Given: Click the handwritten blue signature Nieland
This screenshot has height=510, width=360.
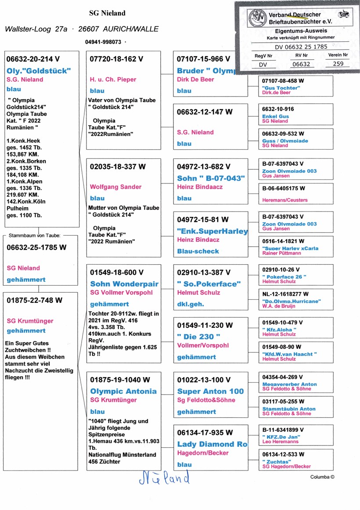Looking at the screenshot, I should (x=164, y=477).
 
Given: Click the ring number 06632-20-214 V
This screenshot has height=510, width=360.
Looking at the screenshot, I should (x=33, y=59).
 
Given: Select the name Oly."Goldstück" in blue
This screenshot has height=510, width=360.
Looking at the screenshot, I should (x=39, y=70).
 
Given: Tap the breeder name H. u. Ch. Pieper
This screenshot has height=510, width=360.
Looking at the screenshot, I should (x=113, y=79).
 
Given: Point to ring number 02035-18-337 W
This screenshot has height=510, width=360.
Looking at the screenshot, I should (x=117, y=167).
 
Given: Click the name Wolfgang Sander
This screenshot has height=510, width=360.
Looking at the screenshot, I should (x=115, y=187).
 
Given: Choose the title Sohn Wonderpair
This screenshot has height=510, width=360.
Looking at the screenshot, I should (x=124, y=284).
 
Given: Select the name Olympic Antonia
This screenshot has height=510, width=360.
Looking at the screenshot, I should (x=123, y=391).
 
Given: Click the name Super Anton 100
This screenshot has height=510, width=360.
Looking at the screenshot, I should (x=210, y=391).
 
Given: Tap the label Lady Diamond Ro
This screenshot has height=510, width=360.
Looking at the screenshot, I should (x=212, y=444).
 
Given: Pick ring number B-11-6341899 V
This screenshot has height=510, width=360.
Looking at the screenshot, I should (x=283, y=430).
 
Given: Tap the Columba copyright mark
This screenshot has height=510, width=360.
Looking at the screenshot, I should (x=322, y=477).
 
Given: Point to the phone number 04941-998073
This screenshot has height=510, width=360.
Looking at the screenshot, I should (x=103, y=42).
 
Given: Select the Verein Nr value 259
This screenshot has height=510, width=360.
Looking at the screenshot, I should (x=338, y=64).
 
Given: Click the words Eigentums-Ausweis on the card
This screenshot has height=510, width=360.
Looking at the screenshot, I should (x=301, y=31).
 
